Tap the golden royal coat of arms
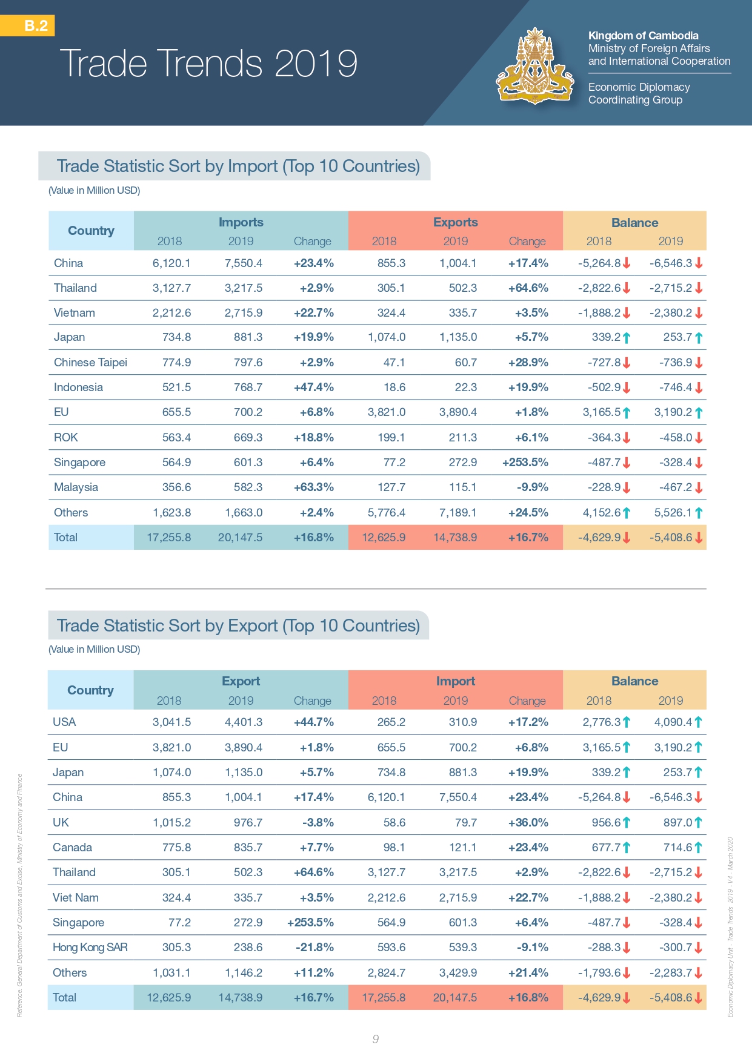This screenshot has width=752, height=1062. pos(534,67)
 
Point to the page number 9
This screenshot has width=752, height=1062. pos(376,1039)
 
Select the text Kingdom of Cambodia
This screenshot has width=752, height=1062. pos(643,36)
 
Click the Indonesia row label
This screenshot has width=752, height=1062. pos(78,388)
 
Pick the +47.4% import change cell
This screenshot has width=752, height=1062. pos(313,388)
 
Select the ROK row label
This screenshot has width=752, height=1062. pos(66,437)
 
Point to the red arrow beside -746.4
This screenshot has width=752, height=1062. pos(699,388)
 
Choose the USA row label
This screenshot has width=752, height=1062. pos(64,722)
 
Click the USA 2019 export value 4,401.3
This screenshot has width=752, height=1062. pos(244,722)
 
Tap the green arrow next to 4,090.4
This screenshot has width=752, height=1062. pos(698,722)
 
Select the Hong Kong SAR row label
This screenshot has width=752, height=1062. pos(90,948)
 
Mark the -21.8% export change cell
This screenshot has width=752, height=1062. pos(313,948)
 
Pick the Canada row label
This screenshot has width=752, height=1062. pos(72,848)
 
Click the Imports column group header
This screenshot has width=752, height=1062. pos(241,222)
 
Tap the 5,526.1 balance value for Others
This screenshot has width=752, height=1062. pos(673,513)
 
